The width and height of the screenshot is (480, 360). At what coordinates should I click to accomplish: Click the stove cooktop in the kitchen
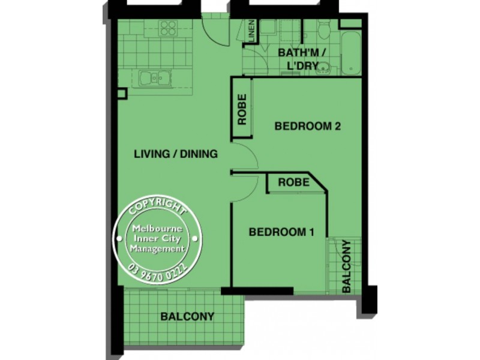tap(168, 28)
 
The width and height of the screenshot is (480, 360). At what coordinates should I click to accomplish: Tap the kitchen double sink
tap(154, 77)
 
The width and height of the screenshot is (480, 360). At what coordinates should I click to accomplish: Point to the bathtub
tap(350, 53)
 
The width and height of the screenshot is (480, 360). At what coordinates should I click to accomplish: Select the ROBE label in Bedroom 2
tap(242, 110)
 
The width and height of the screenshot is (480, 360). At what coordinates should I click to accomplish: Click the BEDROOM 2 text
tap(307, 126)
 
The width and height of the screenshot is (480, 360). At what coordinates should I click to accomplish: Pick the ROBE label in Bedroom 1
tap(293, 181)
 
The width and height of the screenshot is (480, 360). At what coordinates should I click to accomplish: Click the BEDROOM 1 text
tap(281, 232)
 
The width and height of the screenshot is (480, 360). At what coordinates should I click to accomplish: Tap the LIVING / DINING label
tap(175, 154)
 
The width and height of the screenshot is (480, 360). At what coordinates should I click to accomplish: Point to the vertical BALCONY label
tap(346, 266)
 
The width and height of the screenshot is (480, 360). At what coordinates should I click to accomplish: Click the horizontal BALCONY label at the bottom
tap(187, 316)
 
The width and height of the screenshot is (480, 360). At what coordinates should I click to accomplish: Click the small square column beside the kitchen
tap(122, 94)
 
